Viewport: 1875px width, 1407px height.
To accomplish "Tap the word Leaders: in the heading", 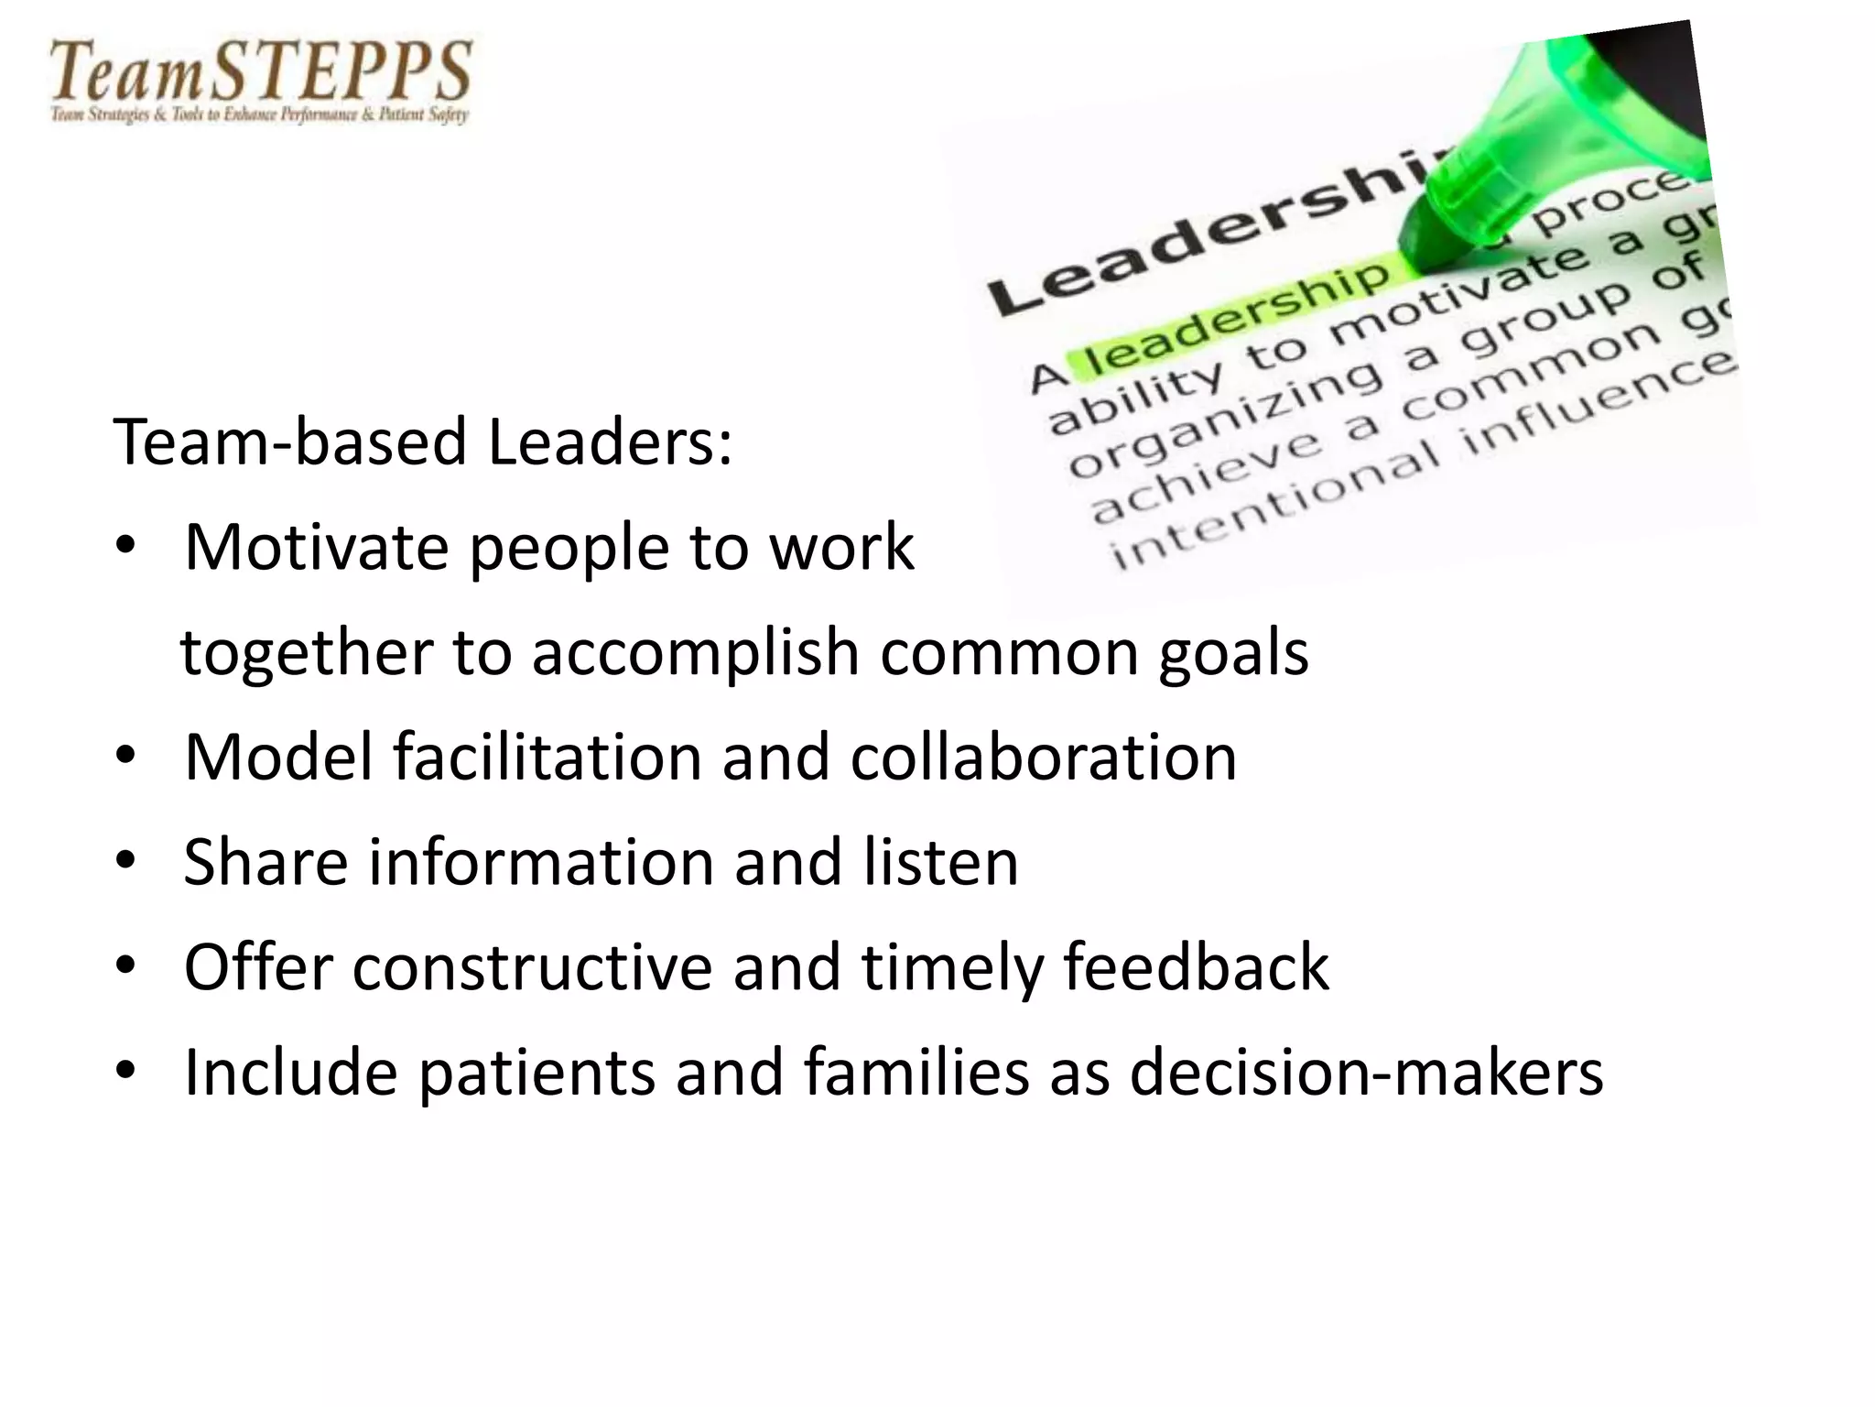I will [610, 442].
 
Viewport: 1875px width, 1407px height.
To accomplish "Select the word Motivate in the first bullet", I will [317, 548].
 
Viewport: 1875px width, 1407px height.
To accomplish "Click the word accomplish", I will [696, 653].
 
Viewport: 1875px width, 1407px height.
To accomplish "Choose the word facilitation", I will [547, 758].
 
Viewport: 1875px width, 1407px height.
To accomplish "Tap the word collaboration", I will [1044, 758].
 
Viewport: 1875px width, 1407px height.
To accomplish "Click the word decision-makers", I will [1366, 1073].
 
